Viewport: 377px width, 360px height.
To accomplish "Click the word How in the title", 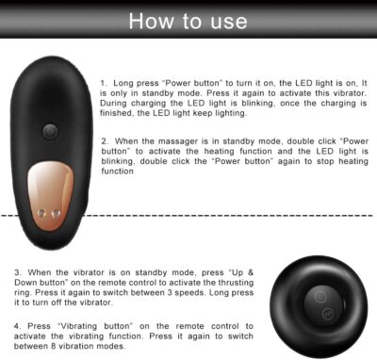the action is [x=151, y=22].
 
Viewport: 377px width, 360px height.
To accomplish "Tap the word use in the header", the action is [x=229, y=22].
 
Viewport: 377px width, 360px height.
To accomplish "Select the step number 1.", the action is [x=104, y=83].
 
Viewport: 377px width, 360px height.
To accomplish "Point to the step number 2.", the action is [x=105, y=141].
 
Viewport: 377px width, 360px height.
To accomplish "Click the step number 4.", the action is [x=17, y=326].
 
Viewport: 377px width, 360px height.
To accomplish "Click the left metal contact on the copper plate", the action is [x=41, y=214].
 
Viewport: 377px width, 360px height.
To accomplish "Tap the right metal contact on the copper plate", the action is [x=56, y=214].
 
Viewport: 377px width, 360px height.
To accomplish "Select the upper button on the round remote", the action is [x=320, y=297].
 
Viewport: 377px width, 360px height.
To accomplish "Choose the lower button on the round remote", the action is [x=327, y=313].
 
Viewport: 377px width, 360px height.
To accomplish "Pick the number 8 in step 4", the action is [x=54, y=347].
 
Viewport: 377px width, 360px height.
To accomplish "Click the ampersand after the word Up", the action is [x=250, y=272].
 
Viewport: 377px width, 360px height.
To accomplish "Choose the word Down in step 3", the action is [x=25, y=283].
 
